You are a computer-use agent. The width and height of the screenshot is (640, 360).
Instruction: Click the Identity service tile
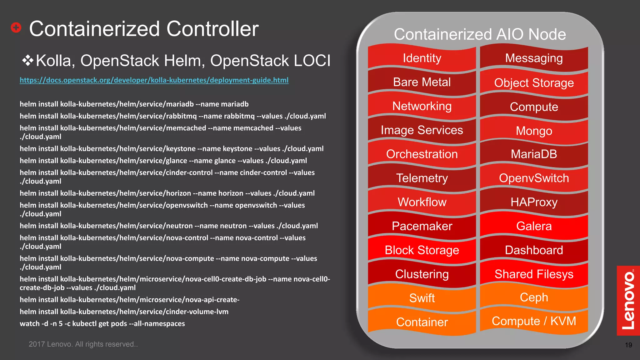(422, 58)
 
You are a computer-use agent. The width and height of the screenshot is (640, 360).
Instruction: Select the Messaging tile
(534, 58)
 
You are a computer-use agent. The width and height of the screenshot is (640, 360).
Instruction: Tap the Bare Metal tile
(422, 82)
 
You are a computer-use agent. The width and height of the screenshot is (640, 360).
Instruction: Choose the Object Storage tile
(534, 83)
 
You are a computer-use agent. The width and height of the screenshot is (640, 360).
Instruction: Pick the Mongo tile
(534, 131)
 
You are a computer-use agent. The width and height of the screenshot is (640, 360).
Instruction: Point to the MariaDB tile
(534, 154)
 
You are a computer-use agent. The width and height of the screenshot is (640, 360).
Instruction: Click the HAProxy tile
(534, 202)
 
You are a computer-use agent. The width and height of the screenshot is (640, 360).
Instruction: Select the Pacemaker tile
(422, 226)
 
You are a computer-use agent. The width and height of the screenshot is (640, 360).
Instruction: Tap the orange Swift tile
(422, 298)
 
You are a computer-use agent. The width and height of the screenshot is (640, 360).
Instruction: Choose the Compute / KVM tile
(534, 321)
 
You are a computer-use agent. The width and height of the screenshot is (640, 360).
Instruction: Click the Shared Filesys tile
(534, 274)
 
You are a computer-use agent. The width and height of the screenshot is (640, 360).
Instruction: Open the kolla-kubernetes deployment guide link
(154, 80)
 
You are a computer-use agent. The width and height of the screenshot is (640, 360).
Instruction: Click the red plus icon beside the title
(16, 28)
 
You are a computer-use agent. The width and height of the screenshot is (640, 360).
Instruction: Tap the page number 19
(628, 345)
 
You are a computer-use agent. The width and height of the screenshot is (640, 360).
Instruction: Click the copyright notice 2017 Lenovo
(83, 344)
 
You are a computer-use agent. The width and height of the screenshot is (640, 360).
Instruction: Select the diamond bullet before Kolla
(28, 60)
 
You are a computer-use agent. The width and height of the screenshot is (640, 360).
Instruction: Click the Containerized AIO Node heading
(480, 34)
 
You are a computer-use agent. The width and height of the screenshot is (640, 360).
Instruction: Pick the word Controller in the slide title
(212, 29)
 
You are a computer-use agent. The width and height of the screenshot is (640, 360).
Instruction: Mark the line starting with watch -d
(102, 324)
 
